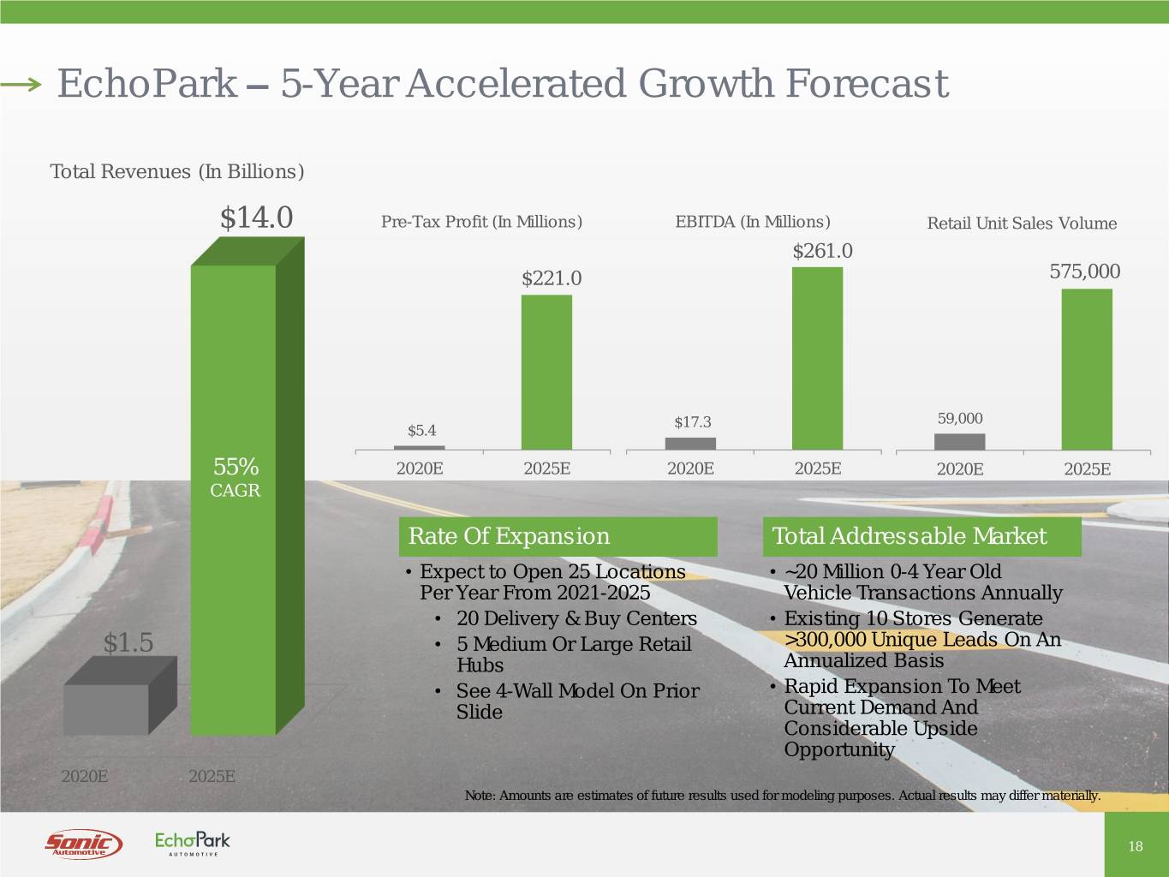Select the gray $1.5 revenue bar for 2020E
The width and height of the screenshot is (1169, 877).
(x=106, y=710)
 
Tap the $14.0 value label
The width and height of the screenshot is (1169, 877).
(x=256, y=218)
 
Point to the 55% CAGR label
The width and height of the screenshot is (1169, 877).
(x=236, y=477)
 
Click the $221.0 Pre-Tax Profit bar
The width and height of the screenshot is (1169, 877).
(x=546, y=372)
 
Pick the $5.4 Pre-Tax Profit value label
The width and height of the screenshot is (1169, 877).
(x=421, y=430)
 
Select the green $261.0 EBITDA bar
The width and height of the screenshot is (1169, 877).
(x=817, y=358)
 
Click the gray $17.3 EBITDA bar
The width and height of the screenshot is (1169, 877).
(x=690, y=444)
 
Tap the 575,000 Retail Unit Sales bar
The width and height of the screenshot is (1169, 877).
(x=1087, y=369)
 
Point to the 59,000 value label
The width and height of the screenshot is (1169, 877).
(x=960, y=418)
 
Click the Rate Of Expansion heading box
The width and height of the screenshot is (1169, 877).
(x=558, y=537)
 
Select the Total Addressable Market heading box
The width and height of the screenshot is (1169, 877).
(x=921, y=537)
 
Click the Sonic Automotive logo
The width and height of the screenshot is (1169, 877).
(x=83, y=844)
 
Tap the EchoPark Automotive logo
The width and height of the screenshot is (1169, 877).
(x=193, y=844)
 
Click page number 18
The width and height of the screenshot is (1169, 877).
(x=1136, y=846)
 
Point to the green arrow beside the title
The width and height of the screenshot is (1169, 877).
(x=21, y=84)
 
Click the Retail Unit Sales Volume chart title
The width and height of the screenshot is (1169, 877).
(x=1022, y=224)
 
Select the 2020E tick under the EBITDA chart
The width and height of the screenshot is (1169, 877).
(x=690, y=468)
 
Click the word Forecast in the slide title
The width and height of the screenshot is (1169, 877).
(x=866, y=84)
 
